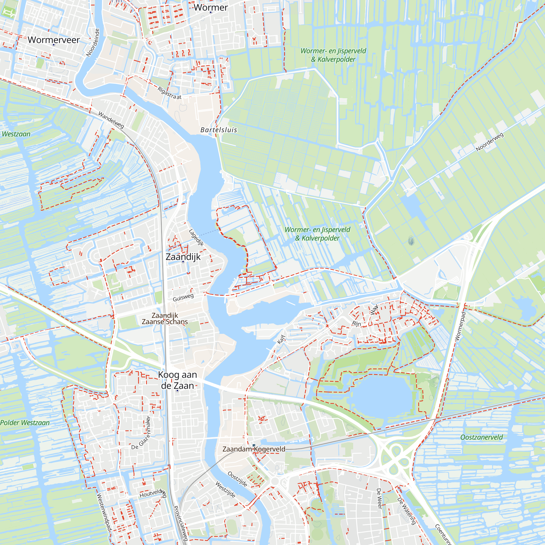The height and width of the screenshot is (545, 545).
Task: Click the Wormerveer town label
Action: (54, 40)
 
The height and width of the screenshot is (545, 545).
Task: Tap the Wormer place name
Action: (211, 7)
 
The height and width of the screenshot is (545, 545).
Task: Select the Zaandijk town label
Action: (183, 257)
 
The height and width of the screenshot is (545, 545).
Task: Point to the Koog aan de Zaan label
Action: (177, 380)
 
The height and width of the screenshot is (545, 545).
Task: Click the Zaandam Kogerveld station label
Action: (254, 449)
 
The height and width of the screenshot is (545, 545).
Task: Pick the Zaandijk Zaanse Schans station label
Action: (165, 319)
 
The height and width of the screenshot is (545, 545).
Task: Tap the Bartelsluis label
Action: (219, 130)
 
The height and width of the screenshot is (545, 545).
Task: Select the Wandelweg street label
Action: (111, 120)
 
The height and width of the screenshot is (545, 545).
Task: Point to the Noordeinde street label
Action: (93, 43)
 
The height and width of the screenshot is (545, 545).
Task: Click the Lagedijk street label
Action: (196, 238)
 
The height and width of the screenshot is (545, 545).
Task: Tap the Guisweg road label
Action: (183, 297)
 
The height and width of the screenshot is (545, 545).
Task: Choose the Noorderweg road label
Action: (489, 142)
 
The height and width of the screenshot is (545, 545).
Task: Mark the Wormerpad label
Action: (460, 326)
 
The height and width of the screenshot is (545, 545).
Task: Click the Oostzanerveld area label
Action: (481, 437)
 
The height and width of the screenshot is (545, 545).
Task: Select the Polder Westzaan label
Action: (25, 423)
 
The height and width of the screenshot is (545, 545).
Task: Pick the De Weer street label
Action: (379, 499)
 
